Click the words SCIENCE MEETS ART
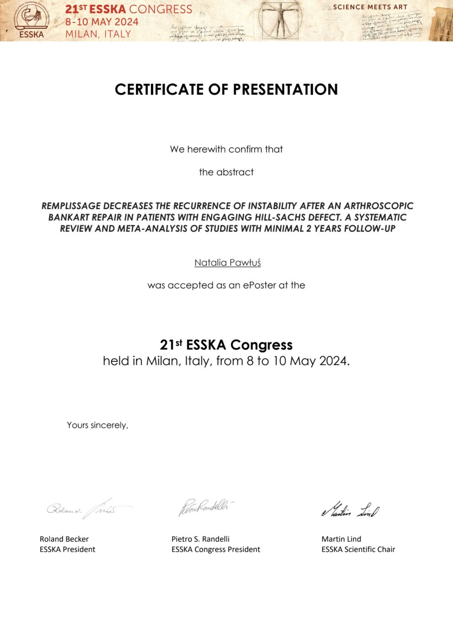click(x=370, y=7)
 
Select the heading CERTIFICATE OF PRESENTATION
click(x=226, y=89)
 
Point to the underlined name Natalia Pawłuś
click(x=227, y=262)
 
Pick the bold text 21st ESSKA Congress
click(x=226, y=344)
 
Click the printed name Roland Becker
click(x=64, y=539)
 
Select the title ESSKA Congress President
click(x=216, y=549)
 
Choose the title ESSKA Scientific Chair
click(x=358, y=549)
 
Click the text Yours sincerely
click(x=97, y=425)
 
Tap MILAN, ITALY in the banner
click(x=98, y=33)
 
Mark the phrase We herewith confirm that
click(x=226, y=149)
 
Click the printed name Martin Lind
click(x=341, y=539)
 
